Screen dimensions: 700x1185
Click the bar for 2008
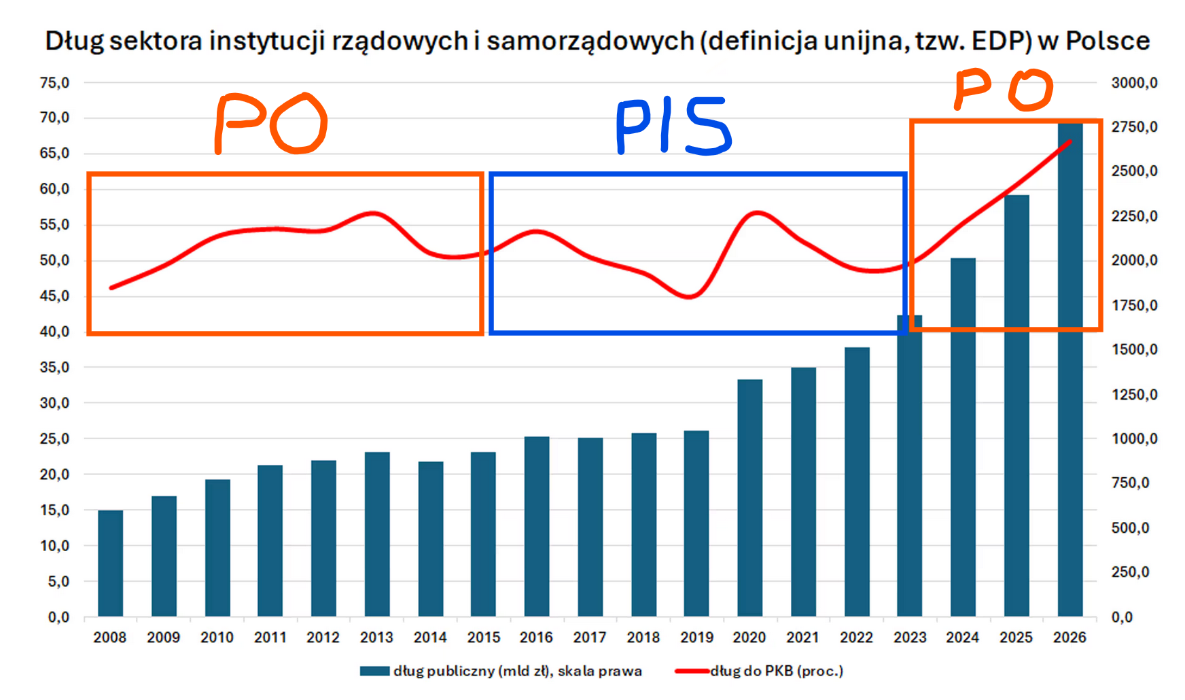coord(110,563)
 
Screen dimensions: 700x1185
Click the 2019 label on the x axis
coord(696,637)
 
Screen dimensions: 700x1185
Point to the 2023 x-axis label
coord(910,637)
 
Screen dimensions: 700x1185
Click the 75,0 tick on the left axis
coord(54,83)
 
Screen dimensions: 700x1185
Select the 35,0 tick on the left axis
coord(54,368)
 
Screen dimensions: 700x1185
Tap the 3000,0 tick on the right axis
coord(1134,83)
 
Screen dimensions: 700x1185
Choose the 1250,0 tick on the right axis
coord(1134,395)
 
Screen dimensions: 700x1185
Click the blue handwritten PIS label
coord(673,126)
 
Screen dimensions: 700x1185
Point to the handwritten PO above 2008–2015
coord(270,124)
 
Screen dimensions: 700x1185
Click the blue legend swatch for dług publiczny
coord(374,671)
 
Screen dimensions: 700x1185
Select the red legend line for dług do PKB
coord(692,671)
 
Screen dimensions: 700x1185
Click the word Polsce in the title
coord(1107,41)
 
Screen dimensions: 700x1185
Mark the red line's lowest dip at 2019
coord(690,296)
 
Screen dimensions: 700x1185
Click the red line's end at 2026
coord(1070,141)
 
